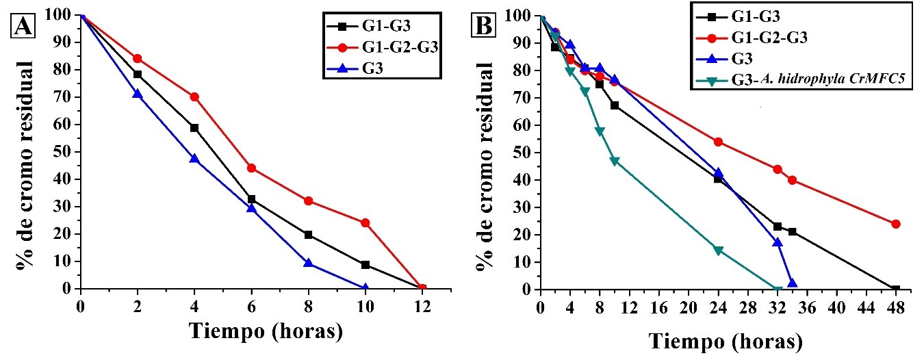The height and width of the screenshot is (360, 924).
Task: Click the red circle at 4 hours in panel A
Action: pos(194,97)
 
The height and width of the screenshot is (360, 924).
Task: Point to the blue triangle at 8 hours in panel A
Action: pos(308,263)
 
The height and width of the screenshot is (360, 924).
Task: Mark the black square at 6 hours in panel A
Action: pos(251,199)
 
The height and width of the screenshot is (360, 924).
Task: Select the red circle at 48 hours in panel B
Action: pos(896,224)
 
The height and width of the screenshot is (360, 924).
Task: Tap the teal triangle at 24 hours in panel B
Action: pos(718,250)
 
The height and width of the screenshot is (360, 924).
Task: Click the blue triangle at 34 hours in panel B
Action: pos(793,283)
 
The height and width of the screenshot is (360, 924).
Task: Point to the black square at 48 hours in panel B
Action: pos(896,289)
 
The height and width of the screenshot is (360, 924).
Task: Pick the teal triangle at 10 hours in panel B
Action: pos(615,161)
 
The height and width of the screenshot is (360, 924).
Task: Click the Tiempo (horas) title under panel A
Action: pos(266,332)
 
